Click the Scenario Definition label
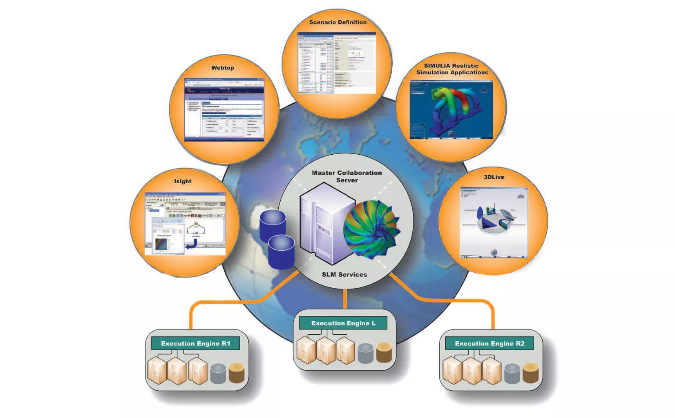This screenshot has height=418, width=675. (337, 22)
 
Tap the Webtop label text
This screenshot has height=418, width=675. (222, 68)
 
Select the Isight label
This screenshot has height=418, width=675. (183, 181)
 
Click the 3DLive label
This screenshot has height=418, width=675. (494, 177)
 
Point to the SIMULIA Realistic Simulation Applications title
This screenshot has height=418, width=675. (451, 69)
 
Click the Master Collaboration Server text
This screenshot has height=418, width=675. (347, 176)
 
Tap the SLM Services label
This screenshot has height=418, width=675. (344, 275)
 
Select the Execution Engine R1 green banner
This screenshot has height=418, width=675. (195, 343)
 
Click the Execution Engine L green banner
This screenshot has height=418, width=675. (343, 323)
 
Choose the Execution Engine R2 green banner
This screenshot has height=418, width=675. (489, 343)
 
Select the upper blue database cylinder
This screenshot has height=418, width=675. (273, 225)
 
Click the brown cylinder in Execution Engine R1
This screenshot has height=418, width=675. (237, 373)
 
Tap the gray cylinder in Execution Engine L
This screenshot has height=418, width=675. (365, 354)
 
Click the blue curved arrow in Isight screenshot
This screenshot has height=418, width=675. (192, 245)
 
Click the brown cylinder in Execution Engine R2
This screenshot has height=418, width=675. (530, 373)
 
